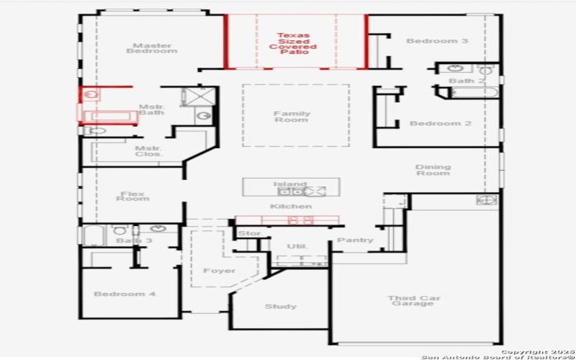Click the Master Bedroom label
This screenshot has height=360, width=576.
coord(152,48)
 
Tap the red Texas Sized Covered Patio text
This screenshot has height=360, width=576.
coord(293,43)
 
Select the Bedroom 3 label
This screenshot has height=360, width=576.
coord(437,41)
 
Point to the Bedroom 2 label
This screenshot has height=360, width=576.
coord(440,123)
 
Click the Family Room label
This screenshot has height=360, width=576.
coord(292,117)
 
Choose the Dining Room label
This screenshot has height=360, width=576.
coord(433,170)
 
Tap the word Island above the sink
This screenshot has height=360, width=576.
coord(290,184)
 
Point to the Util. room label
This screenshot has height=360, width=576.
coord(297,246)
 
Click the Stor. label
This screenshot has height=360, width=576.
coord(249,233)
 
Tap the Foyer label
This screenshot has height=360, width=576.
coord(219,271)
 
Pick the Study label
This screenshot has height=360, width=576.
coord(280,307)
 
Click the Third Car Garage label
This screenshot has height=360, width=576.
coord(413,301)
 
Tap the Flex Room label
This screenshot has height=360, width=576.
coord(133,196)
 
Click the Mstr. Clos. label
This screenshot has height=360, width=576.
coord(149,151)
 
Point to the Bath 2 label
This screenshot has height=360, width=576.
coord(462,81)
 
